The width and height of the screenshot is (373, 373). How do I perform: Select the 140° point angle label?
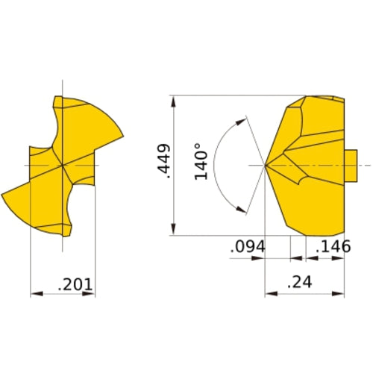(x=201, y=162)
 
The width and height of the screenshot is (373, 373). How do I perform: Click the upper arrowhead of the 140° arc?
(x=242, y=118)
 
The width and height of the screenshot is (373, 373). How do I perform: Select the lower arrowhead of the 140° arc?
(x=242, y=210)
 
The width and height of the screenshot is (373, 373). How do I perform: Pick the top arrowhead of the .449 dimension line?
(x=173, y=99)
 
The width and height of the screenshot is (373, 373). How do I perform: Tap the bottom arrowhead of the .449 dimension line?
(x=173, y=231)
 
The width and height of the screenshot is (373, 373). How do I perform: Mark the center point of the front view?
(x=63, y=164)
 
